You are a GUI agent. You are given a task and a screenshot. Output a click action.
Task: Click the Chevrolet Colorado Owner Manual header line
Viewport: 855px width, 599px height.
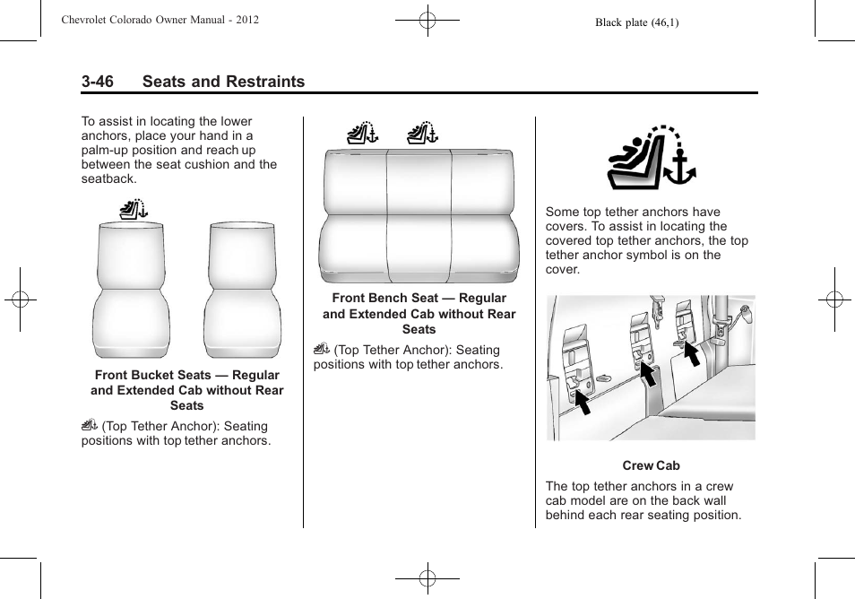tap(160, 19)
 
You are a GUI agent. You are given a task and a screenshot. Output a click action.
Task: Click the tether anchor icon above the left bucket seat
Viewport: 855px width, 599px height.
tap(133, 212)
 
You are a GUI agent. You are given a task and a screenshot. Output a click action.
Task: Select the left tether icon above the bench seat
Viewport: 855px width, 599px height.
tap(363, 135)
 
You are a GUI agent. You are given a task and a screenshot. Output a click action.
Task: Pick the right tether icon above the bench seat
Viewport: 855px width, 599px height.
tap(421, 135)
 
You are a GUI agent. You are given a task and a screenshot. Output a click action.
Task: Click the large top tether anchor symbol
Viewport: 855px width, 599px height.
tap(651, 159)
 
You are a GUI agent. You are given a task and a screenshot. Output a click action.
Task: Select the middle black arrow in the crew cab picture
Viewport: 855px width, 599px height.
tap(646, 372)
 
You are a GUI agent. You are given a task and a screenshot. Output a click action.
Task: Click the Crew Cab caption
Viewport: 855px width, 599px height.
tap(651, 465)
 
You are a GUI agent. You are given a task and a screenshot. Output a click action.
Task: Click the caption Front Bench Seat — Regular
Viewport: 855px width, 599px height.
tap(419, 298)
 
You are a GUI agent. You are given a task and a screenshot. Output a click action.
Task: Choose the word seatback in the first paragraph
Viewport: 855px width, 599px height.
tap(108, 178)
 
